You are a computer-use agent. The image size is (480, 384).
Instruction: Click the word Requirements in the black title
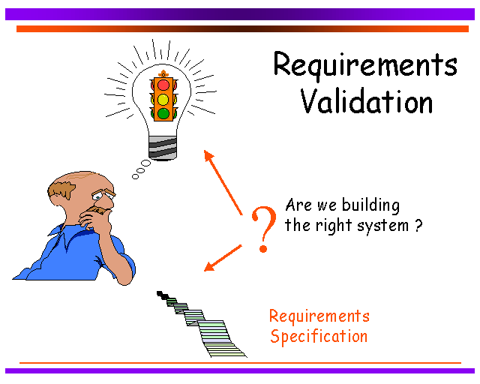point(365,65)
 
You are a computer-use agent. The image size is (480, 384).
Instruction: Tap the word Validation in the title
point(367,102)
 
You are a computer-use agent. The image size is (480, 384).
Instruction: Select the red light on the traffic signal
point(163,85)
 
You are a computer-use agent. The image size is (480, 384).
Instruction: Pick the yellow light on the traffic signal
point(163,100)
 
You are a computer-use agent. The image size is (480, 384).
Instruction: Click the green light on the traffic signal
point(163,113)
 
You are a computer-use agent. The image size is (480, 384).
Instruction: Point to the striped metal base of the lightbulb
point(163,148)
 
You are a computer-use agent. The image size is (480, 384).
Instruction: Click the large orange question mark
point(263,229)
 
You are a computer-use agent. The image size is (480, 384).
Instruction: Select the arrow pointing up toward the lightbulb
point(223,182)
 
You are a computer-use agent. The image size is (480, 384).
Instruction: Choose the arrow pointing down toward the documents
point(223,258)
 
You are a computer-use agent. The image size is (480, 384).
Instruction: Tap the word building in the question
point(370,205)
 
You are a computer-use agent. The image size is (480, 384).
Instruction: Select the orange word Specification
point(319,337)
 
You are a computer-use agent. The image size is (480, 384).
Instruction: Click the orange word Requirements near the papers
point(319,316)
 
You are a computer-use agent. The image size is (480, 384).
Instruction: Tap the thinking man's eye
point(97,196)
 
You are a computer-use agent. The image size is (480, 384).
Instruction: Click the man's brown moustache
point(98,210)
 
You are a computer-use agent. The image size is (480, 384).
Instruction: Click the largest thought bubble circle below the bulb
point(145,163)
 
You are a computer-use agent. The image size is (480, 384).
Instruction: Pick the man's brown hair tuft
point(61,189)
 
